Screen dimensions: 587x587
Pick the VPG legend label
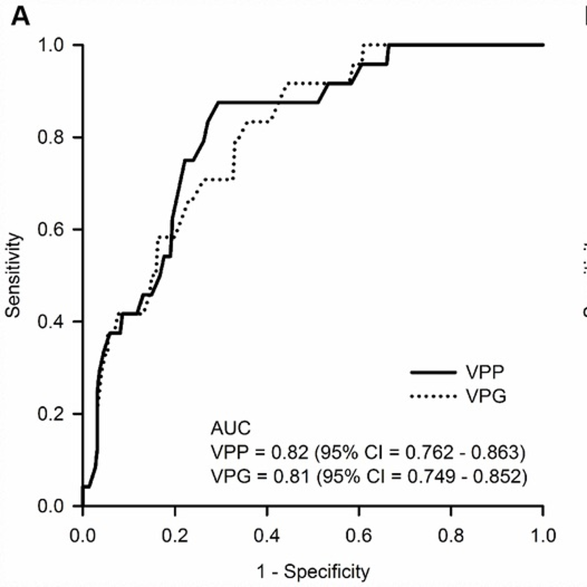tap(486, 396)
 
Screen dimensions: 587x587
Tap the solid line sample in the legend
tap(433, 373)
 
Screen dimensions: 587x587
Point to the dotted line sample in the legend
tap(433, 396)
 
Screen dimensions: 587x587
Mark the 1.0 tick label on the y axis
tap(50, 45)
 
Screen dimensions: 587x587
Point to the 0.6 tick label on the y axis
tap(50, 229)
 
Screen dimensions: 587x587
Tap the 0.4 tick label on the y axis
tap(50, 321)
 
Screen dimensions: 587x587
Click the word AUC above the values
tap(231, 429)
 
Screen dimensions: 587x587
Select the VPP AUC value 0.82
tap(290, 453)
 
